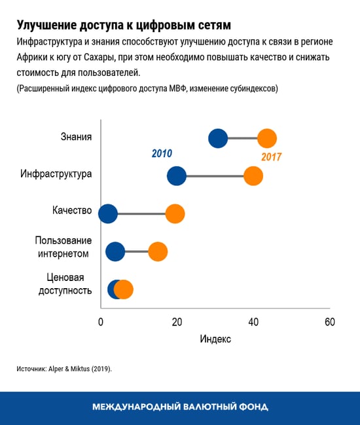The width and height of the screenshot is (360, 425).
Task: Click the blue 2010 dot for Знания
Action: [218, 138]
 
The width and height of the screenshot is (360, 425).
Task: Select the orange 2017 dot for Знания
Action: [266, 138]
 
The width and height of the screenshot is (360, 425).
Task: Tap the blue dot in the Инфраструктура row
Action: [177, 176]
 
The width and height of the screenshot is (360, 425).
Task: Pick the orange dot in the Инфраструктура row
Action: [253, 176]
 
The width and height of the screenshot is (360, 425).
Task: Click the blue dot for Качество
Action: [107, 213]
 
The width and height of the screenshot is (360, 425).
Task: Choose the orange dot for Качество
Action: [175, 213]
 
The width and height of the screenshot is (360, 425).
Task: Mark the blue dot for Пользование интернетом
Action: [115, 251]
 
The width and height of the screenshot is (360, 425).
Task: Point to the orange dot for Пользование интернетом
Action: [158, 251]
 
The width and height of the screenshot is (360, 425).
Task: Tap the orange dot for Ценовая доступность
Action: [124, 289]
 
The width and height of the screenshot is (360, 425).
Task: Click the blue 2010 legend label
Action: [162, 153]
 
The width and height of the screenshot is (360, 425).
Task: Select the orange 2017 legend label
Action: [271, 157]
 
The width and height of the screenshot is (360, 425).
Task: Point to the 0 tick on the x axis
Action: [101, 322]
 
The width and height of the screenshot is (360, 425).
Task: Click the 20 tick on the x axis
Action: [177, 322]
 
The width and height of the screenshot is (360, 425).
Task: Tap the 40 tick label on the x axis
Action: [253, 322]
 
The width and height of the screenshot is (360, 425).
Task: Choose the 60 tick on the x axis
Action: [329, 322]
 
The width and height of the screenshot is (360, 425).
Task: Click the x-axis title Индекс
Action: [215, 340]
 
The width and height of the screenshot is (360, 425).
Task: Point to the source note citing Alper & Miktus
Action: [64, 369]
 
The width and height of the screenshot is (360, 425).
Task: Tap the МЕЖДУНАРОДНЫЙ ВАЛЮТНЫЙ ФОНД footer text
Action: [180, 407]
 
